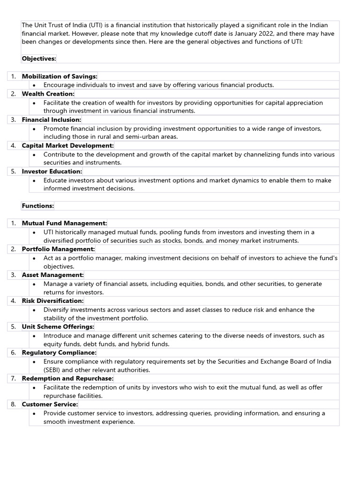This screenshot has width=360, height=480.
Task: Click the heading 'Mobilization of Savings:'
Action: point(60,76)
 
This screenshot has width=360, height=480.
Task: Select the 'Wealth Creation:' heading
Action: point(48,94)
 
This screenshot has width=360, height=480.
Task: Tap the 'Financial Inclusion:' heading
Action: point(52,120)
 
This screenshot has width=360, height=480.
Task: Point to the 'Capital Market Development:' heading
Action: point(68,146)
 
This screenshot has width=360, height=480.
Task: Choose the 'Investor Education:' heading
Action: point(52,172)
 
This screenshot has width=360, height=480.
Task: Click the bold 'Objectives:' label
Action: point(39,59)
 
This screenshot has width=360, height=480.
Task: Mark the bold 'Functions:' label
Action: point(38,206)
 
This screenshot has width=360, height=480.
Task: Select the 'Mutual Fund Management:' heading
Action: point(64,223)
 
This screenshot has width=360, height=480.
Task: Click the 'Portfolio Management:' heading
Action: point(58,249)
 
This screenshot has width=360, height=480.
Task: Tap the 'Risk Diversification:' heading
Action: point(52,301)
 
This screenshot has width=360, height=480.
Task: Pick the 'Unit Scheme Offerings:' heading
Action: point(58,327)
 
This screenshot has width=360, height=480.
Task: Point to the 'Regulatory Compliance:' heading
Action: point(59,352)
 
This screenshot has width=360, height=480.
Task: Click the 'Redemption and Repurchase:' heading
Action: point(67,378)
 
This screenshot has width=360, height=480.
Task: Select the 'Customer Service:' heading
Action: point(50,404)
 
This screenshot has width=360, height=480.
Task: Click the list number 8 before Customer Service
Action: point(14,404)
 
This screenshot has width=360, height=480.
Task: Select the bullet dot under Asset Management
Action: point(35,284)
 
